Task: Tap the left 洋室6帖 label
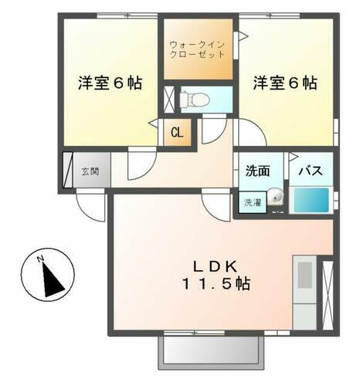click(x=110, y=83)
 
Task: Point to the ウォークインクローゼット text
click(x=198, y=49)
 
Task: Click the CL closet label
click(x=177, y=132)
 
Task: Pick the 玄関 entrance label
click(x=91, y=171)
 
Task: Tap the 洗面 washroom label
click(x=258, y=171)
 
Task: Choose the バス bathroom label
click(x=311, y=171)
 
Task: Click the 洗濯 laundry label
click(x=253, y=202)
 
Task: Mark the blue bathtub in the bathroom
click(x=314, y=201)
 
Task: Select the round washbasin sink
click(x=276, y=199)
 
